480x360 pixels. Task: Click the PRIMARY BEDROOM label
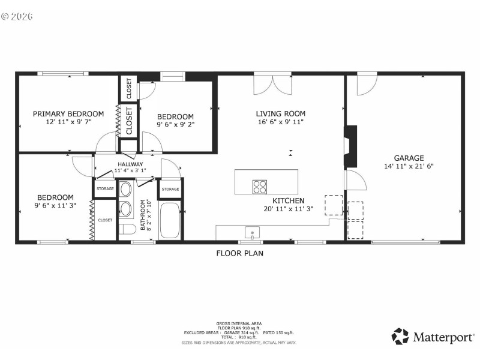68,113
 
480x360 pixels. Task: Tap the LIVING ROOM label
280,113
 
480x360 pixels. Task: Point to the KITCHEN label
289,200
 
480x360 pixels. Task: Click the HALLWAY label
130,164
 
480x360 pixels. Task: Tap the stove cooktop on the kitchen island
260,187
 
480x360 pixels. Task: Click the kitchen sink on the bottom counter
253,232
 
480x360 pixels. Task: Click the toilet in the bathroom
127,229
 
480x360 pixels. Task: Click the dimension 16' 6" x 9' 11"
280,122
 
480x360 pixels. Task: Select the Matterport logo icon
400,336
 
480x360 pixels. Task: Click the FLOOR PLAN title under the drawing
239,253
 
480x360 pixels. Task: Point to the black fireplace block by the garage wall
350,146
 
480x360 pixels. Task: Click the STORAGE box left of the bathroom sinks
105,189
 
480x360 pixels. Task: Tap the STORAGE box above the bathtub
170,189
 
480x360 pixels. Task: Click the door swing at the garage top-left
366,85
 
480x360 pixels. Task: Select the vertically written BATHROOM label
143,215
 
